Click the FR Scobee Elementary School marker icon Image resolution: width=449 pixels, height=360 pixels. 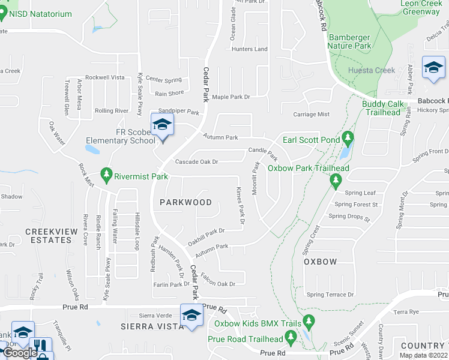click(x=161, y=125)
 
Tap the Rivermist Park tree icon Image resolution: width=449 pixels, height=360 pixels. click(x=107, y=174)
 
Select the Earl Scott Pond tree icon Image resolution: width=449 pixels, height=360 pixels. click(x=348, y=139)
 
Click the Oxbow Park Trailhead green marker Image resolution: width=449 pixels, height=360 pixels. click(x=336, y=180)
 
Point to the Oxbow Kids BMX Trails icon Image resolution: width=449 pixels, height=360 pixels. click(x=309, y=323)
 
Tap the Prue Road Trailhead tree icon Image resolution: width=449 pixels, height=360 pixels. click(x=291, y=339)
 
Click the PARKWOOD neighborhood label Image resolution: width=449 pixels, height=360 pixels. click(x=186, y=202)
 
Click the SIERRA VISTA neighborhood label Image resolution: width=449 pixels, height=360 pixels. click(x=152, y=326)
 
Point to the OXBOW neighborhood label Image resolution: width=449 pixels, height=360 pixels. click(x=320, y=262)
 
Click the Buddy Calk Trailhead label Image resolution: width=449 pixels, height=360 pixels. click(x=382, y=108)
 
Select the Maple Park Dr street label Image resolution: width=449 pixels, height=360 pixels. click(x=231, y=97)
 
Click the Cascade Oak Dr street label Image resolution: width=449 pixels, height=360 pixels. click(x=196, y=161)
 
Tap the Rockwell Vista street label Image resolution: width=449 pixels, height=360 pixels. click(x=105, y=77)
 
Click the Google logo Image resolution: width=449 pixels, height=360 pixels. click(x=19, y=353)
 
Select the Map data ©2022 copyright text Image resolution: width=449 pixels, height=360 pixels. click(x=423, y=355)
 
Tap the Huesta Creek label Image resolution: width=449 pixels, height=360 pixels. click(x=372, y=70)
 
